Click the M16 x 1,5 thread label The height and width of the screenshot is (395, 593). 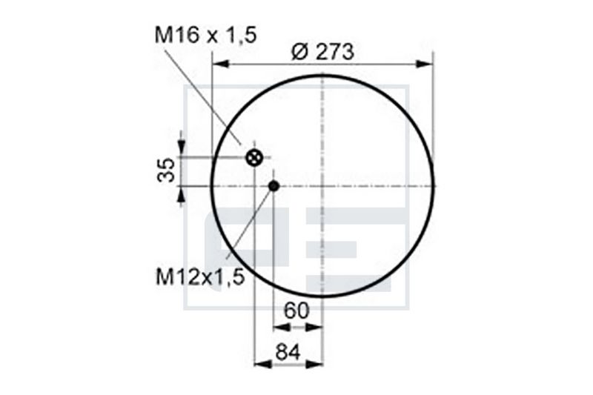[206, 35]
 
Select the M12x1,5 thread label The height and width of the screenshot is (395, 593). [200, 277]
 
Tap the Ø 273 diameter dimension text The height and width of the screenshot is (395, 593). [323, 51]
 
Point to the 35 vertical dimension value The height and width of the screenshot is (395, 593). [166, 170]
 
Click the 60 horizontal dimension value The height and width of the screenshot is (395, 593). [296, 311]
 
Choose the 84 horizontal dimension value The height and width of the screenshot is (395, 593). [288, 351]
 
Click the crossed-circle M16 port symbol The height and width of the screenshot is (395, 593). [254, 157]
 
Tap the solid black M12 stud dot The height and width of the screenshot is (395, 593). [274, 185]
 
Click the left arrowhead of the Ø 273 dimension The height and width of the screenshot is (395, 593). [221, 64]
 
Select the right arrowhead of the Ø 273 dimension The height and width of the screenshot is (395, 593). [425, 64]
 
